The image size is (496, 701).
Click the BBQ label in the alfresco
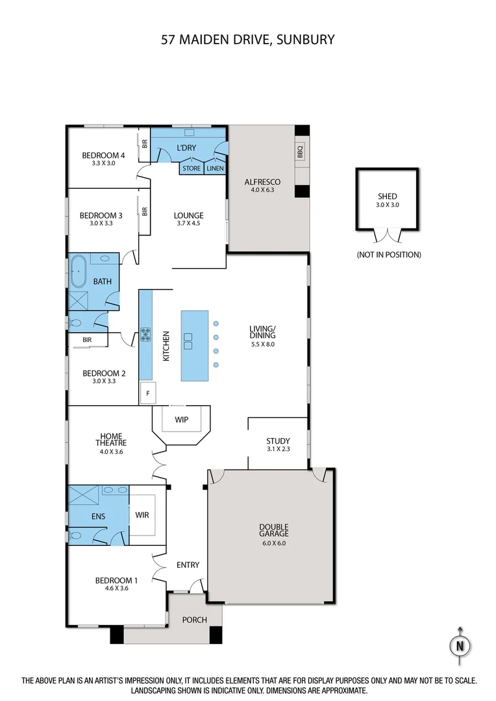pos(300,153)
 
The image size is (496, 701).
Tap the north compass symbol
pos(460,646)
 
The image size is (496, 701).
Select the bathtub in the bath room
pos(79,271)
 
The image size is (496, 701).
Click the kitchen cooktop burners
pos(145,335)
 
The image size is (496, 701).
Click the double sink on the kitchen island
pos(189,338)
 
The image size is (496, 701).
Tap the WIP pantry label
pos(182,420)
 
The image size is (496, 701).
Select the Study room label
pos(278,441)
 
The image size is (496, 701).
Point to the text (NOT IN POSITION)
pos(389,255)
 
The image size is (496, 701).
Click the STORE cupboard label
pos(192,169)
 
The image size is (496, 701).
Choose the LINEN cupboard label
pos(215,169)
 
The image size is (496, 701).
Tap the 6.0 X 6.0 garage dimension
pos(273,543)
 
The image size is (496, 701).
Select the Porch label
pos(194,620)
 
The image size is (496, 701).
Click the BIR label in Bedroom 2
pos(86,339)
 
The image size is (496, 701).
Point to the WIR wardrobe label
pos(142,515)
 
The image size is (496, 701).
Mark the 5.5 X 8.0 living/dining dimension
pos(262,345)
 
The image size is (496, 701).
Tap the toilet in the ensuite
pos(76,536)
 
